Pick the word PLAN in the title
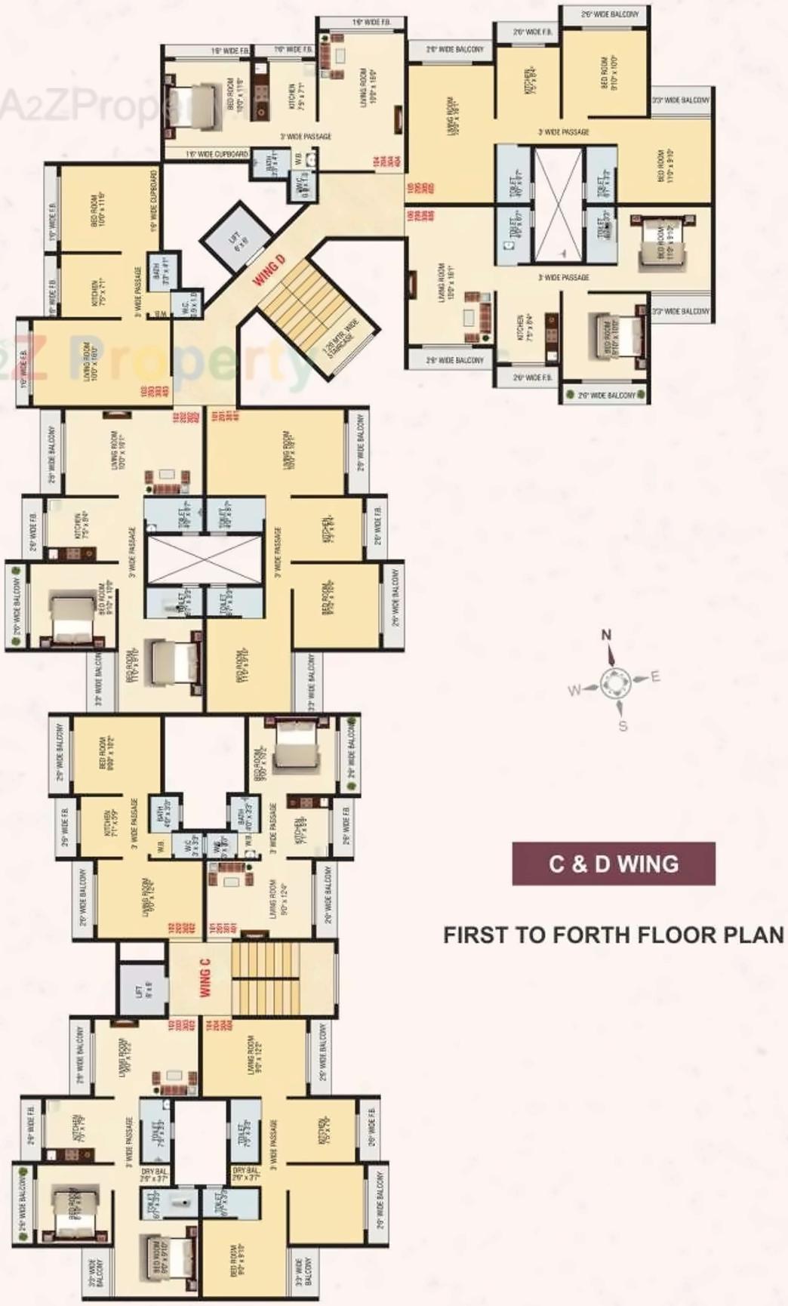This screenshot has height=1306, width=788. [x=754, y=935]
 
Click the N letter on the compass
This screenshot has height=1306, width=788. [x=606, y=636]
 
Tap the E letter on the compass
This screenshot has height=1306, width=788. [x=655, y=676]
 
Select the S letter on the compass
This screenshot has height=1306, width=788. [x=623, y=726]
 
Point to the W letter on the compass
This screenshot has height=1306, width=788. [x=574, y=689]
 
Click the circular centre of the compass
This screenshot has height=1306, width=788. [x=613, y=684]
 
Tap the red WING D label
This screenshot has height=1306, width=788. [x=269, y=270]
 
